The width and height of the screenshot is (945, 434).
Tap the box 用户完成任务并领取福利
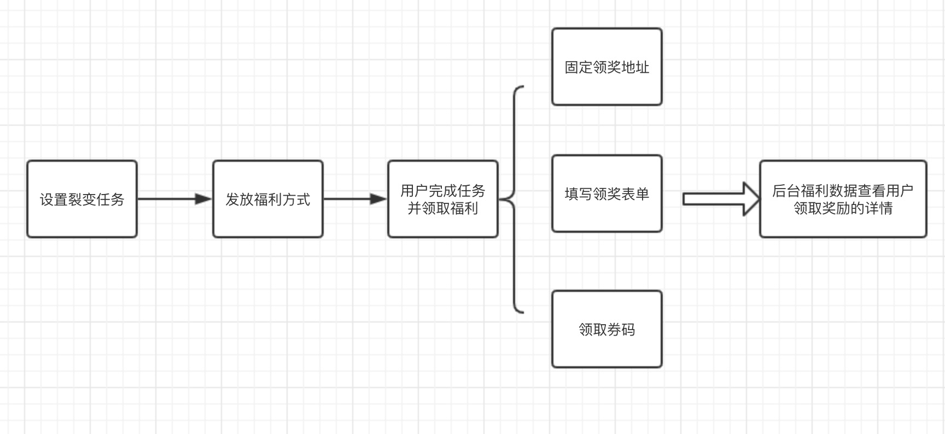pyautogui.click(x=443, y=224)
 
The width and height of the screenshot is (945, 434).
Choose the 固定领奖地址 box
pyautogui.click(x=607, y=87)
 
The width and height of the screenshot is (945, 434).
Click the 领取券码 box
pyautogui.click(x=607, y=350)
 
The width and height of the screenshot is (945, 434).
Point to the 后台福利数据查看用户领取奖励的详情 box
pyautogui.click(x=843, y=224)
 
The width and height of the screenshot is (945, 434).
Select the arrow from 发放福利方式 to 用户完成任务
pyautogui.click(x=355, y=199)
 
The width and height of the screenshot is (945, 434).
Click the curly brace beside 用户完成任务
pyautogui.click(x=514, y=200)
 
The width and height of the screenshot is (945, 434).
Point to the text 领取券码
pyautogui.click(x=607, y=330)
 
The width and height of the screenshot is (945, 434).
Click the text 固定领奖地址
pyautogui.click(x=607, y=67)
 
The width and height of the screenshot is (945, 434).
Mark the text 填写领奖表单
pyautogui.click(x=607, y=193)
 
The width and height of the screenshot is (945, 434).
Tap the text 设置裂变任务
pyautogui.click(x=82, y=200)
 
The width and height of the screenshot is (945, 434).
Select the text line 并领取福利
pyautogui.click(x=443, y=208)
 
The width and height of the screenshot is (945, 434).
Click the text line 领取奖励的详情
pyautogui.click(x=843, y=208)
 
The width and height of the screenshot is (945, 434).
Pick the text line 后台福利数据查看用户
pyautogui.click(x=843, y=191)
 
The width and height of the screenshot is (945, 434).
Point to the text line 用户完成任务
pyautogui.click(x=443, y=191)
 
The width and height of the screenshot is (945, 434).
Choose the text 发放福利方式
pyautogui.click(x=268, y=200)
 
